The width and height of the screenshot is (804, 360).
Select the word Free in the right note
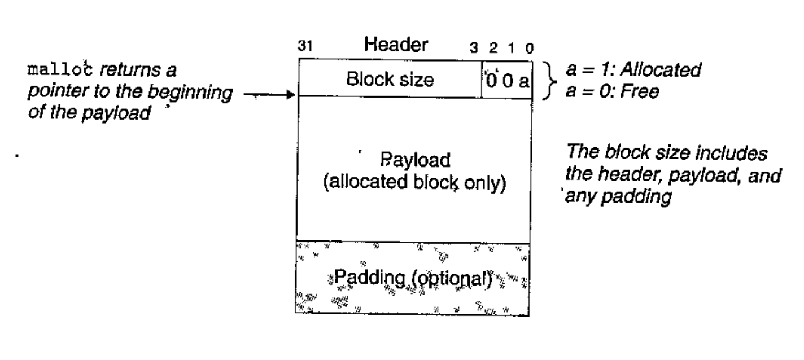coord(644,91)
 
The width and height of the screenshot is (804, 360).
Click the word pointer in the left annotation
coord(53,91)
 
